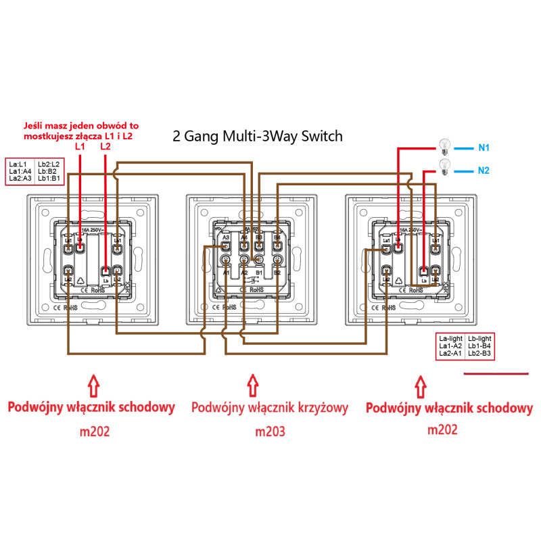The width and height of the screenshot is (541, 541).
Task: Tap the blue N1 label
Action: click(x=484, y=147)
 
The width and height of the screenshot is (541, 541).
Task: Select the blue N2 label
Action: click(x=484, y=170)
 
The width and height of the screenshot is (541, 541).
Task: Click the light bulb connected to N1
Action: click(x=444, y=144)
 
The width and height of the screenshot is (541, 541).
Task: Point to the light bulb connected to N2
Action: click(x=444, y=166)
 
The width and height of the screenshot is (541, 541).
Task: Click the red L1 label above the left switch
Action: click(x=80, y=146)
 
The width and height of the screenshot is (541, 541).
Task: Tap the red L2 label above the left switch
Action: click(x=105, y=146)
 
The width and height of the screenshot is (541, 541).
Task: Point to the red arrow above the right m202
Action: click(x=421, y=386)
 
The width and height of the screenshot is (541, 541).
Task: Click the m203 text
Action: click(x=269, y=431)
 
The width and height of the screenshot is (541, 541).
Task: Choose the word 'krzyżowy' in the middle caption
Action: click(x=316, y=408)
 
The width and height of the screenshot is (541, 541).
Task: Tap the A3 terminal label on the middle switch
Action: click(x=226, y=237)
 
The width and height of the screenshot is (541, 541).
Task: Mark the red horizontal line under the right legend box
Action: click(x=496, y=373)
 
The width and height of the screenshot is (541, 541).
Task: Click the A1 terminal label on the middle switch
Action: click(x=227, y=273)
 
